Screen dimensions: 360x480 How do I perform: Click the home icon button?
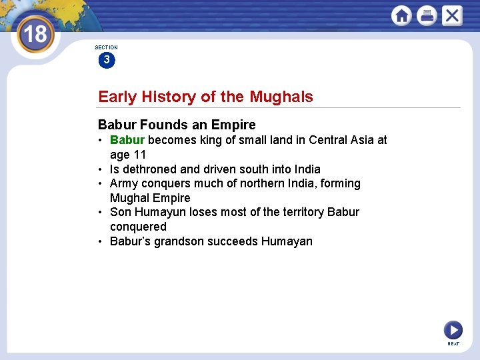(x=401, y=15)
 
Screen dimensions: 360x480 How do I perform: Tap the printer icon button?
(x=427, y=15)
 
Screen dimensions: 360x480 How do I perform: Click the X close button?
(x=452, y=15)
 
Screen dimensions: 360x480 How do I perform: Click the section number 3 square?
(x=106, y=60)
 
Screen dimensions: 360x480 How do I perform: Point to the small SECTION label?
(x=106, y=47)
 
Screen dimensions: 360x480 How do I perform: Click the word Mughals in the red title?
(x=281, y=97)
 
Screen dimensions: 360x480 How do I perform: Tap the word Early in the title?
(x=116, y=97)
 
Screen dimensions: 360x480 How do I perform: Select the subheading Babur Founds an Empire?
(x=177, y=125)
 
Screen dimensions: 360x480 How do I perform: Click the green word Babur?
(x=127, y=140)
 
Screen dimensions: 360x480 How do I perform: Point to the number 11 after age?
(x=139, y=155)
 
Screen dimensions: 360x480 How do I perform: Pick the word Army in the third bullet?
(x=125, y=183)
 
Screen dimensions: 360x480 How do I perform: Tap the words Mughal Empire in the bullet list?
(x=150, y=198)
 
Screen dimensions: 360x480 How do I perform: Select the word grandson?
(x=181, y=241)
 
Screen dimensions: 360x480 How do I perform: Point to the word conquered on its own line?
(x=138, y=227)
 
